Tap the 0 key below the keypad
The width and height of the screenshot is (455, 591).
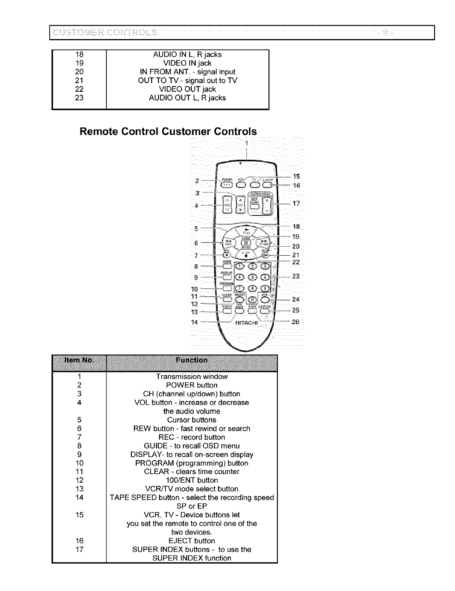pos(253,299)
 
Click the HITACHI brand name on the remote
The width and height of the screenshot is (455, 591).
pos(246,322)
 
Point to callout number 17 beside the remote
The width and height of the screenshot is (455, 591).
pos(296,203)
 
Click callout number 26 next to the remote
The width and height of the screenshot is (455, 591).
pos(296,322)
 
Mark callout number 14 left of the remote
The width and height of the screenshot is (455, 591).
pos(194,322)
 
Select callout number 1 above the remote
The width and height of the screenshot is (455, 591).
pos(246,143)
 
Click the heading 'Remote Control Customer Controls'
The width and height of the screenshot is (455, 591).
pos(168,132)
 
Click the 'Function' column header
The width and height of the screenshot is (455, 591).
pos(191,360)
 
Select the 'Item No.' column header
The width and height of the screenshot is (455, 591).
pos(79,360)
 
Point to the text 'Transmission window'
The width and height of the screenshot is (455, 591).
pos(192,377)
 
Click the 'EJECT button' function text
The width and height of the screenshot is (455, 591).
pos(192,541)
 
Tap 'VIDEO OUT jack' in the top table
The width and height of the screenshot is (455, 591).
pos(188,89)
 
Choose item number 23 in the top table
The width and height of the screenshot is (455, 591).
pos(79,98)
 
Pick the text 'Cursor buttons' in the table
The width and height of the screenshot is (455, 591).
pos(192,420)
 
